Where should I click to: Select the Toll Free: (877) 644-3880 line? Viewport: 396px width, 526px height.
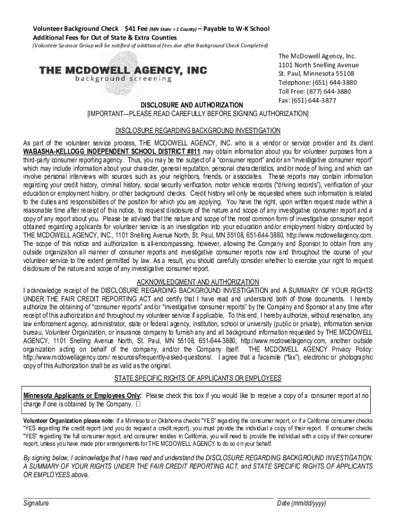tap(314, 91)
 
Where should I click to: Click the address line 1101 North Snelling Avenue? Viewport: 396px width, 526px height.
tap(318, 65)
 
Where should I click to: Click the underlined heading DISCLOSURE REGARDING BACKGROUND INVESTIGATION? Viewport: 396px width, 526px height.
tap(198, 130)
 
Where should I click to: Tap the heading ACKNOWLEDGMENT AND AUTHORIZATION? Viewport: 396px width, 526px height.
tap(198, 282)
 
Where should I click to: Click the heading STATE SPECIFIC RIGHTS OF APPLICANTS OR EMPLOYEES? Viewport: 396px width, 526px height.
tap(197, 378)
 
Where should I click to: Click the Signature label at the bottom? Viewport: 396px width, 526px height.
tap(36, 503)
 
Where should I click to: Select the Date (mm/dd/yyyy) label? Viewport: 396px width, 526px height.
tap(301, 503)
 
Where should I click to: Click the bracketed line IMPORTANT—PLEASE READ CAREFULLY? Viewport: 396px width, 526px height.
tap(198, 113)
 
